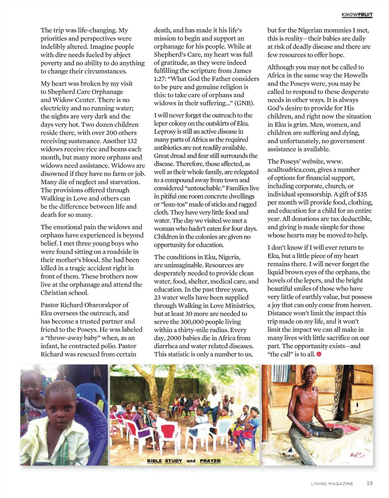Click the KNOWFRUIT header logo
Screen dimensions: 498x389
pos(357,15)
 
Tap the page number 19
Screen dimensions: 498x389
pos(369,483)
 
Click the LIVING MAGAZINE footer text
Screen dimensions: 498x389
pos(332,484)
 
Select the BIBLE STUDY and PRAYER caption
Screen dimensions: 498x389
pos(183,461)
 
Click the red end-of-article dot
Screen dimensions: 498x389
pos(319,355)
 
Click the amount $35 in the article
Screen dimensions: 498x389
pos(362,194)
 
